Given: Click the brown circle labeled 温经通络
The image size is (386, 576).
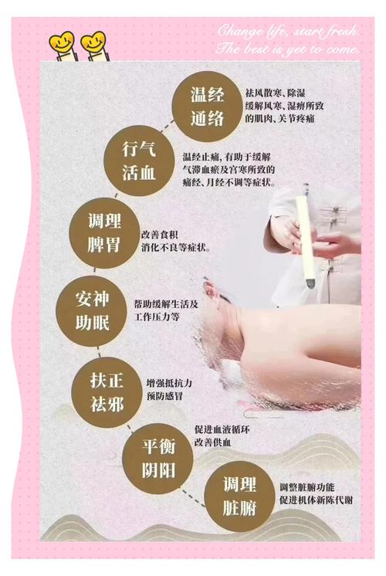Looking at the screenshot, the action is (207, 107).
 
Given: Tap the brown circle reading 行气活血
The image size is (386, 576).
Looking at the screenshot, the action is (139, 161).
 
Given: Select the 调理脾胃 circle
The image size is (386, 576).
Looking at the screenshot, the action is (104, 233).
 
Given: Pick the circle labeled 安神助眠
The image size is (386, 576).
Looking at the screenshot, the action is (92, 311).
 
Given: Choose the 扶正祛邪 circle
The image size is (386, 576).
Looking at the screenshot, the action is (107, 392).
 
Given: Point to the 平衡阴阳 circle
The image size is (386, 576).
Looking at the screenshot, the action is (158, 459).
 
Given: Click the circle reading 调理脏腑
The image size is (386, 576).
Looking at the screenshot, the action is (239, 496).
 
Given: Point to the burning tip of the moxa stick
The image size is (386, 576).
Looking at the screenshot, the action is (310, 282).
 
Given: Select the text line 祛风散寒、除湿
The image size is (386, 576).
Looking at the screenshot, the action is (276, 93).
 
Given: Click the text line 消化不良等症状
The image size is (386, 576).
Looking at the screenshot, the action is (176, 248).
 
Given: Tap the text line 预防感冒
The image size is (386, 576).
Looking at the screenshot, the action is (164, 396).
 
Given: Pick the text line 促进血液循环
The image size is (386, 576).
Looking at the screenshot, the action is (222, 429).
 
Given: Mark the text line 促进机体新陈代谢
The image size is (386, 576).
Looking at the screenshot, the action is (316, 500).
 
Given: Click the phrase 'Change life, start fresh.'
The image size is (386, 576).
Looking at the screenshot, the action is (288, 31).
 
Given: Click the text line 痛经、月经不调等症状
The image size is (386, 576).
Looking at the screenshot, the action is (229, 182).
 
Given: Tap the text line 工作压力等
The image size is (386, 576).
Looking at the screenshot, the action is (157, 317).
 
